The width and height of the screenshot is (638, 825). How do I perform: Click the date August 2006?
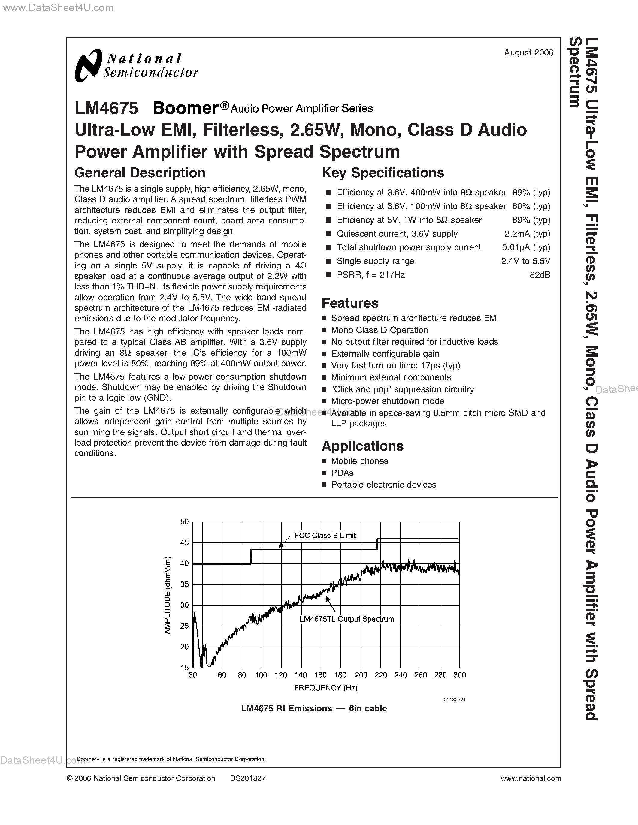point(528,53)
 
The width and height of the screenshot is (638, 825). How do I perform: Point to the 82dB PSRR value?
point(540,275)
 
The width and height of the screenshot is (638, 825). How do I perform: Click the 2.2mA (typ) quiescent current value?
point(527,234)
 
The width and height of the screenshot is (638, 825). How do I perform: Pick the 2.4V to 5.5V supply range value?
point(525,261)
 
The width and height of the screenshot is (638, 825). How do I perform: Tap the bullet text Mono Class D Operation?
point(379,330)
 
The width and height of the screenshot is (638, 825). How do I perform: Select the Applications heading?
point(362,446)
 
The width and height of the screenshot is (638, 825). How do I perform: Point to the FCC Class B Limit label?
point(325,535)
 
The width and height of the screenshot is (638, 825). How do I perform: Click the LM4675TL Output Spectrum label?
point(346,619)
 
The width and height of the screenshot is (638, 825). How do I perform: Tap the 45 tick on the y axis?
point(184,543)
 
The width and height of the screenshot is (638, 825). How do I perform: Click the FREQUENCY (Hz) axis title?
point(325,688)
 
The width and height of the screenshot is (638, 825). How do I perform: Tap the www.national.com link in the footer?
point(531,778)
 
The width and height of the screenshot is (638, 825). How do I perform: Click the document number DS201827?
point(248,778)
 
